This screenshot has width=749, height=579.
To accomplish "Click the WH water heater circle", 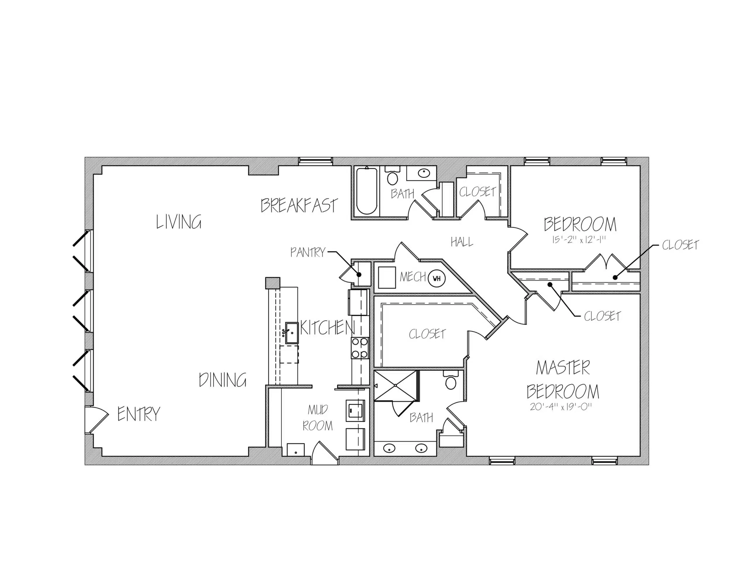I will tap(437, 278).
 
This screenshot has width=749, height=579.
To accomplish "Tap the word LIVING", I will tap(179, 222).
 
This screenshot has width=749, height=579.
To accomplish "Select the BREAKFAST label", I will tap(299, 205).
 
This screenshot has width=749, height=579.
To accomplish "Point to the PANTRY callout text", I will tap(307, 253).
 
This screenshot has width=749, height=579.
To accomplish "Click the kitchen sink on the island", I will tap(291, 333).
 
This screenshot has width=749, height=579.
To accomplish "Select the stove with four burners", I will tap(360, 348).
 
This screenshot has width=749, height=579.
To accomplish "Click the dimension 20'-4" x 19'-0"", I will tap(561, 407).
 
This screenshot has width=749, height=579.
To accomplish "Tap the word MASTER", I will tap(563, 368).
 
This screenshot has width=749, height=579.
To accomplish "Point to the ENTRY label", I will tap(139, 414).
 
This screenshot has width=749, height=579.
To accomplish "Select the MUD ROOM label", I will tap(317, 418).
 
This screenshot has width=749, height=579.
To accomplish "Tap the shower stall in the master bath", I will tap(396, 386).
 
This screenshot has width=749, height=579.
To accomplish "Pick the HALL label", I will tap(462, 242).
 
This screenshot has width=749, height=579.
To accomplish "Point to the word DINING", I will tap(223, 380).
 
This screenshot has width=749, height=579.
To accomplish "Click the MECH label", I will tap(413, 277).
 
